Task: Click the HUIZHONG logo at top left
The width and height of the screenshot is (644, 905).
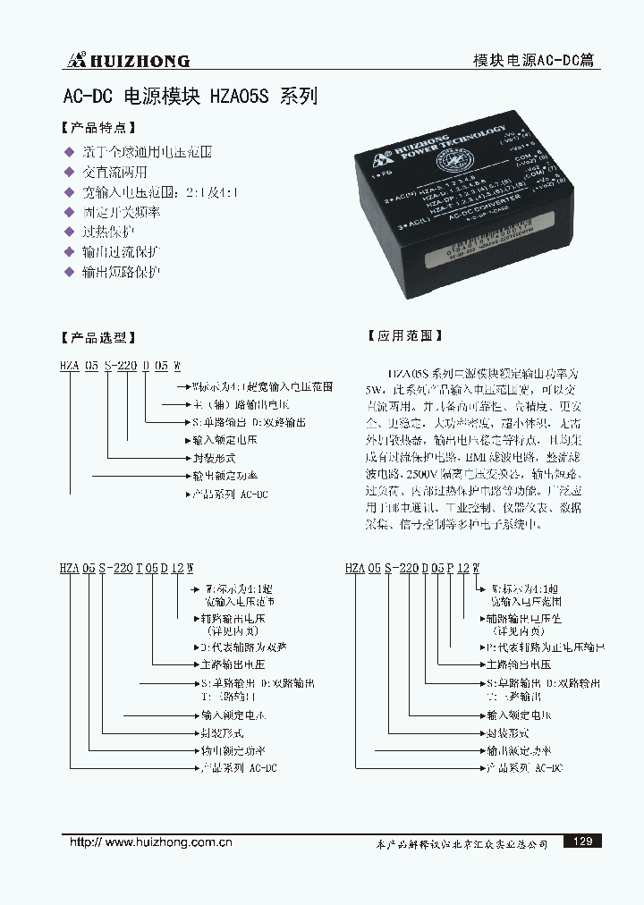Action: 126,60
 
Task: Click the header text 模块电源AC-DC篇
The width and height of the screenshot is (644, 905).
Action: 533,61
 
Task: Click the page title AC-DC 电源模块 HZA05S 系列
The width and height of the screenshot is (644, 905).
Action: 190,97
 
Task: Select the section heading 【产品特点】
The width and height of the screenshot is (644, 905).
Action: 97,129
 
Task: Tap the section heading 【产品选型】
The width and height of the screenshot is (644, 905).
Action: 97,337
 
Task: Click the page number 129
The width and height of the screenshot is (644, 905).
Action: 582,841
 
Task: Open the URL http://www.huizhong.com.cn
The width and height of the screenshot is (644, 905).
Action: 151,842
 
